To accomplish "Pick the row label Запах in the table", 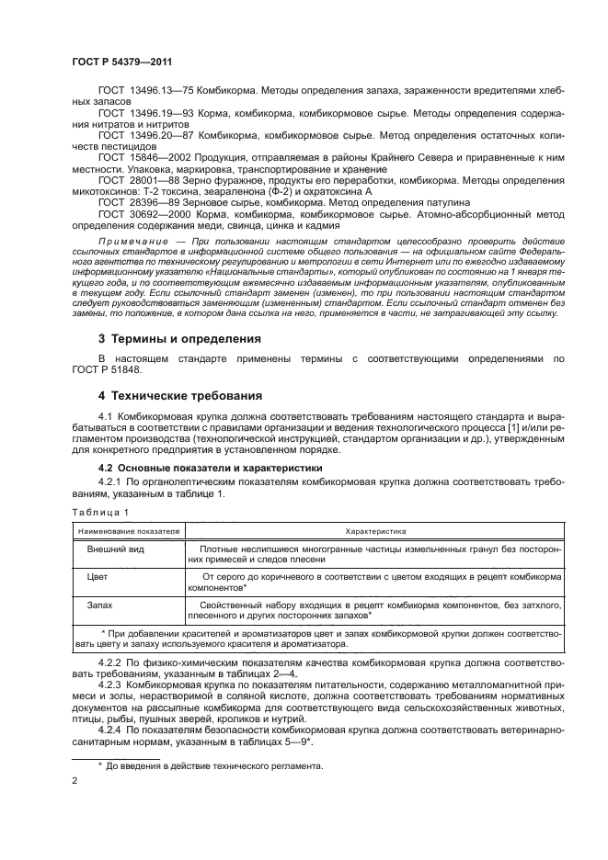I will click(x=101, y=605).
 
